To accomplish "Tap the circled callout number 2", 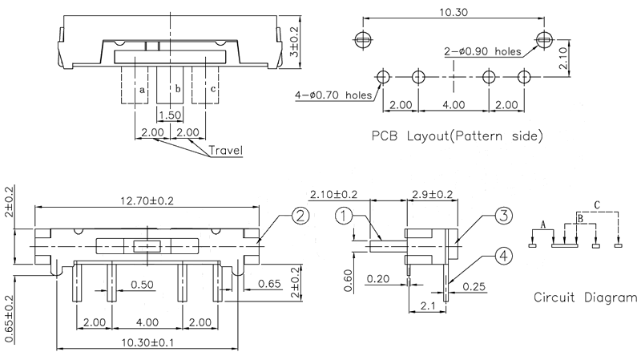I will [x=300, y=215].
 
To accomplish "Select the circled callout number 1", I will [x=343, y=216].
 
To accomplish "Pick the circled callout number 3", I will [x=502, y=215].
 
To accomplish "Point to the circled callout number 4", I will [x=502, y=257].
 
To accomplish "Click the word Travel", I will [x=226, y=150].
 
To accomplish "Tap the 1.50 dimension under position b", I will [x=168, y=115].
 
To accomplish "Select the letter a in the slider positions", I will [x=142, y=90].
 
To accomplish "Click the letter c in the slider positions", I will [x=213, y=89].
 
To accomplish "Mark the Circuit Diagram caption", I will [x=586, y=298].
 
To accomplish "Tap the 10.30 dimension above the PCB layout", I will [x=454, y=12].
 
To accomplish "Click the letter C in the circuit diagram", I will [x=597, y=205].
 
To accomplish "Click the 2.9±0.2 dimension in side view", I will [x=430, y=195].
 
